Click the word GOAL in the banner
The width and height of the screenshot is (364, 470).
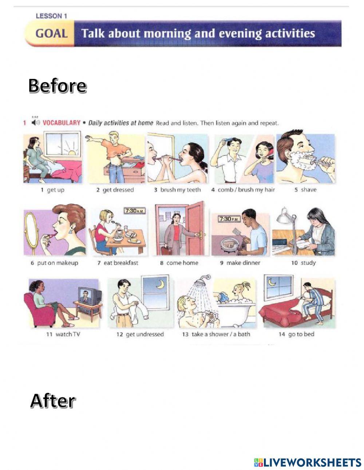[51, 34]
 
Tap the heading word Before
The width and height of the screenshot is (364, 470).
[57, 86]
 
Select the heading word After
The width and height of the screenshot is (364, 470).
[52, 401]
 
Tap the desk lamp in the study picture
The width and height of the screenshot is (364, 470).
[286, 217]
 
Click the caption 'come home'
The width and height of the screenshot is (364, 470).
[179, 263]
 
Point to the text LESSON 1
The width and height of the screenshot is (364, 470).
[51, 16]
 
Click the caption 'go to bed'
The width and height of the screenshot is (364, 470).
[297, 334]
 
